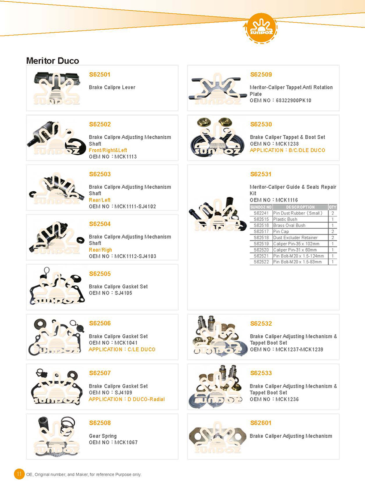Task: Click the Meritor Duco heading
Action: [x=52, y=61]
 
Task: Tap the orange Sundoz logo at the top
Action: [x=261, y=28]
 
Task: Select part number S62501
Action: [x=100, y=74]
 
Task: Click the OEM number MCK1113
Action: [x=125, y=156]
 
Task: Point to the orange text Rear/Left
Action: [x=100, y=200]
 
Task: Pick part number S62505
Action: [x=100, y=274]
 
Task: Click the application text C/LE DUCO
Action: [x=141, y=349]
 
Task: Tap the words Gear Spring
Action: [x=103, y=436]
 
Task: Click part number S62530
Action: [x=261, y=124]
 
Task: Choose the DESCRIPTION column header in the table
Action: [x=300, y=207]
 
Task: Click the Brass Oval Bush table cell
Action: [x=289, y=226]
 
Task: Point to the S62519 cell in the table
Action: [x=261, y=244]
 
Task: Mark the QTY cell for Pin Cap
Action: [x=332, y=232]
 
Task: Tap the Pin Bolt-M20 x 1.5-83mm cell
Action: [x=298, y=262]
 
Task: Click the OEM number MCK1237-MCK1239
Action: [x=299, y=349]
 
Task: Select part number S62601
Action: [x=261, y=423]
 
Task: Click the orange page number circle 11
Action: [x=19, y=474]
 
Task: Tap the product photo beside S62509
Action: [x=217, y=88]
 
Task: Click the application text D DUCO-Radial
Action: [x=146, y=399]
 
